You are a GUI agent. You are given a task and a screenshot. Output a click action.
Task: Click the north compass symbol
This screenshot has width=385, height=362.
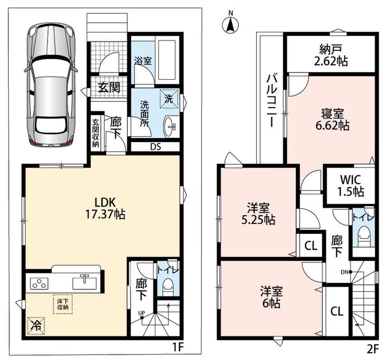(x=231, y=24)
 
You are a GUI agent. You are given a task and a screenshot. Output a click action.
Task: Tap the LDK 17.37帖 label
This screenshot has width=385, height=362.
(x=105, y=208)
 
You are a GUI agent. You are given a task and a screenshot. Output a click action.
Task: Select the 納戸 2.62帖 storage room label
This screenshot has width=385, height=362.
(x=331, y=56)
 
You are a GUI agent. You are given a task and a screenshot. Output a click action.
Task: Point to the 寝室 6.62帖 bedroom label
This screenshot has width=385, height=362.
(x=332, y=119)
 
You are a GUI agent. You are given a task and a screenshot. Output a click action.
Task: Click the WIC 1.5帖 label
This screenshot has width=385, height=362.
(x=350, y=186)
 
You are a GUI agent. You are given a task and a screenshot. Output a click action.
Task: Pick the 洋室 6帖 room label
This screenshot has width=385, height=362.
(x=271, y=297)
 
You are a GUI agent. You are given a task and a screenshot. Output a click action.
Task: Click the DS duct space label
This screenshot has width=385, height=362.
(x=155, y=147)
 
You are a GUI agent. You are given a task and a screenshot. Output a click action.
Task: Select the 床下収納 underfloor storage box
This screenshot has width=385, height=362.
(x=63, y=304)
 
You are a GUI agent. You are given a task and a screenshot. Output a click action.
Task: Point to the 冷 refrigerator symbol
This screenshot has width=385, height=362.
(x=36, y=325)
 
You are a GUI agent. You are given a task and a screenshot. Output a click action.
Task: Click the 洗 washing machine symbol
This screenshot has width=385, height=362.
(x=168, y=99)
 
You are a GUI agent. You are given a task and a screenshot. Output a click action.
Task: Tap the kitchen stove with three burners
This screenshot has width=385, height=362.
(x=39, y=283)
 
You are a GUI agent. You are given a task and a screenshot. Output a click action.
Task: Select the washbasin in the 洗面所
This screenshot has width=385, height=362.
(x=170, y=126)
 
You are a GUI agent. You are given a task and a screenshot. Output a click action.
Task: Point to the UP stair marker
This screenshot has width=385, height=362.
(x=141, y=315)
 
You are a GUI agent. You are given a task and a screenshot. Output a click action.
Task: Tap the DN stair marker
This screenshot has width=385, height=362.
(x=346, y=271)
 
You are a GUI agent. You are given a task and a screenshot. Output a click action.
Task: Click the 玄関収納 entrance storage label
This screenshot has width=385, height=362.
(x=95, y=133)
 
